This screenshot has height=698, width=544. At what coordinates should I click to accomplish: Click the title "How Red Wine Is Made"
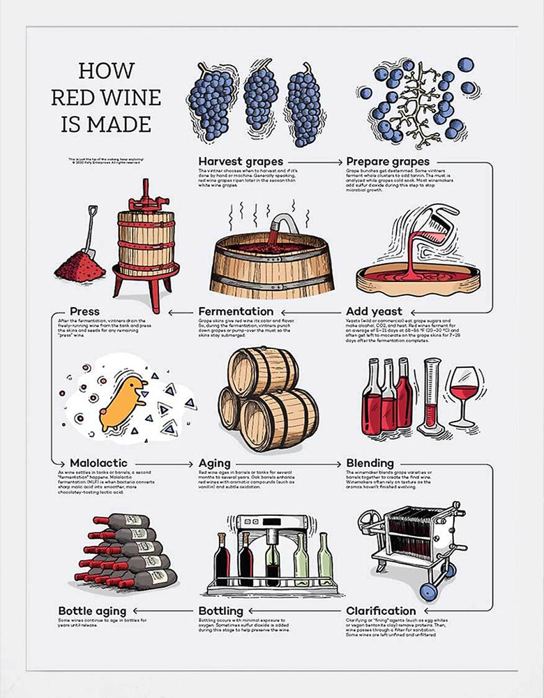pyautogui.click(x=106, y=97)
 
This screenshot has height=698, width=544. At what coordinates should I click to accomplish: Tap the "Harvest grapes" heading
pyautogui.click(x=241, y=161)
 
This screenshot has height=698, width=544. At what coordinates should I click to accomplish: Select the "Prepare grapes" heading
pyautogui.click(x=388, y=161)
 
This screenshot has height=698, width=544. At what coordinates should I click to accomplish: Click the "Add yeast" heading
pyautogui.click(x=374, y=311)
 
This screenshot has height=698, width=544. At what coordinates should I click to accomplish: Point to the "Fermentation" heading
pyautogui.click(x=236, y=311)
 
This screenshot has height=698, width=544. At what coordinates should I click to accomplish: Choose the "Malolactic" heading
pyautogui.click(x=98, y=463)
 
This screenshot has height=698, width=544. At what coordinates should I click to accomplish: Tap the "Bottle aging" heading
pyautogui.click(x=92, y=611)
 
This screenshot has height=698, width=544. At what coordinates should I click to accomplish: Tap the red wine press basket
pyautogui.click(x=146, y=241)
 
